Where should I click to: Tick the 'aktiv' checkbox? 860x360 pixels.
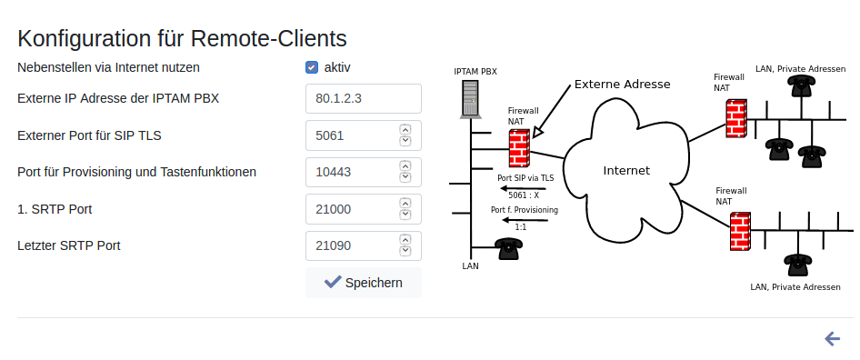[312, 67]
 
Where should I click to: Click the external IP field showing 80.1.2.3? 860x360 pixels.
[363, 99]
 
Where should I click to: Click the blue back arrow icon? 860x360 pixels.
[832, 339]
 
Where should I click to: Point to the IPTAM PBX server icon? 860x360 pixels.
[471, 99]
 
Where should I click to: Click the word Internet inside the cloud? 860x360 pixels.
[626, 171]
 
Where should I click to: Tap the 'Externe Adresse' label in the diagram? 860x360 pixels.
[622, 85]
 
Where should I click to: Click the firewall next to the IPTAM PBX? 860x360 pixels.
[519, 148]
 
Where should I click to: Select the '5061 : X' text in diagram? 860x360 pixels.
[524, 195]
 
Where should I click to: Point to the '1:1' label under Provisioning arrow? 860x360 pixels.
[521, 226]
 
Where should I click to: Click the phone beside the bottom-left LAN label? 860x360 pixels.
[508, 248]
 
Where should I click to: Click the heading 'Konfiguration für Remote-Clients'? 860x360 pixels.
[182, 39]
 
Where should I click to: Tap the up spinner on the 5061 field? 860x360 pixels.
[405, 130]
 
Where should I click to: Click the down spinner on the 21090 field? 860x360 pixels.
[405, 251]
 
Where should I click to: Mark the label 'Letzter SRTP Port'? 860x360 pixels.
[69, 245]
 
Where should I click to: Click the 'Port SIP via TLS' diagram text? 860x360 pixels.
[525, 178]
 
